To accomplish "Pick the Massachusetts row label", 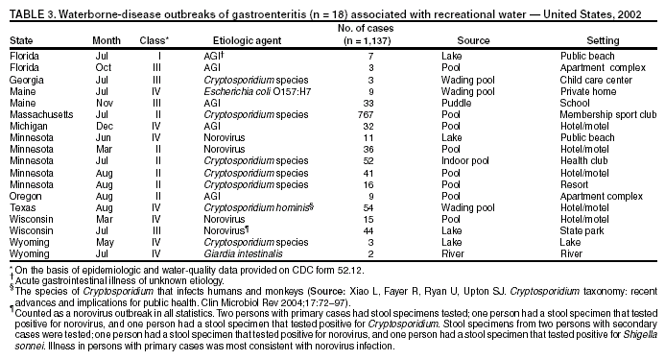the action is point(40,114).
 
